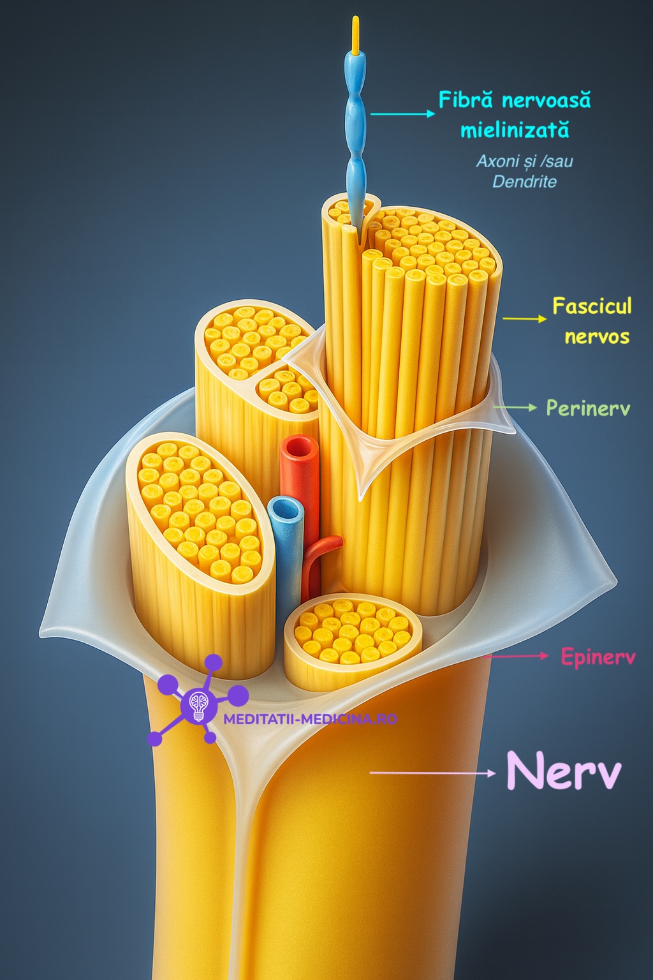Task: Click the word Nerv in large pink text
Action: [x=564, y=771]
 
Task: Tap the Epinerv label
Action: [x=598, y=657]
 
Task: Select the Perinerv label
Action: [x=587, y=408]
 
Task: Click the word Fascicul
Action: [x=592, y=306]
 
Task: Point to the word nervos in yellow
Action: [x=597, y=336]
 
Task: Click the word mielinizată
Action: [x=515, y=131]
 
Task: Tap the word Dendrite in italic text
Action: [x=524, y=182]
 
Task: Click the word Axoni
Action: [x=497, y=161]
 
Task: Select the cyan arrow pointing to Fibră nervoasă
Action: [x=402, y=114]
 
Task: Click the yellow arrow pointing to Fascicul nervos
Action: [x=524, y=318]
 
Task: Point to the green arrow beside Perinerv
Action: [x=515, y=407]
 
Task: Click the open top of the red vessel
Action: [x=299, y=447]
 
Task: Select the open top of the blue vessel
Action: [x=285, y=510]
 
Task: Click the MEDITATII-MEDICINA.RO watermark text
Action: [x=310, y=719]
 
